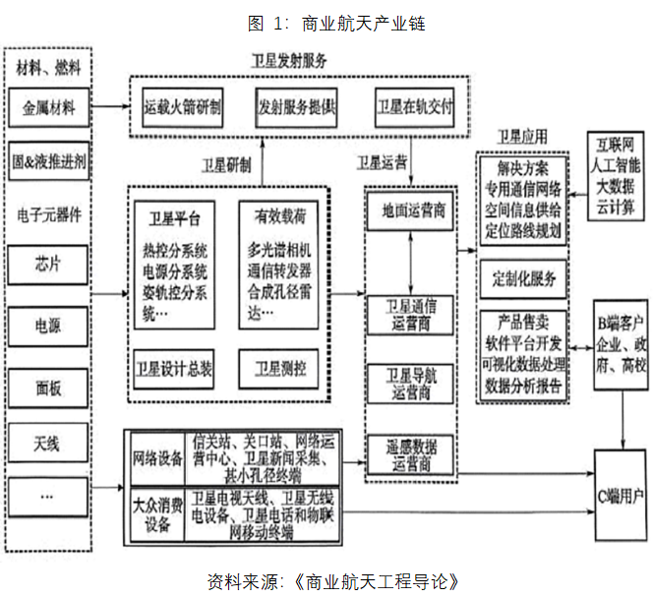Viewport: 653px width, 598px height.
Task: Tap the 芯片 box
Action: [48, 265]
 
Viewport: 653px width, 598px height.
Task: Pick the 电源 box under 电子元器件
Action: [48, 325]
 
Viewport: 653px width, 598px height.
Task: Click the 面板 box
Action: [48, 387]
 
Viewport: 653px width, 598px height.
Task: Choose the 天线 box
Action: [48, 445]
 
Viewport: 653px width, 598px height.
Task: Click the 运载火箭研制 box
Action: [182, 104]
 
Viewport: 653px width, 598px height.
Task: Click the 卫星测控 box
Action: [280, 370]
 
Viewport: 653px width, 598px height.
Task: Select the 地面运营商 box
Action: [410, 209]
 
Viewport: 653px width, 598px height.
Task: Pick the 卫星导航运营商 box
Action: [410, 383]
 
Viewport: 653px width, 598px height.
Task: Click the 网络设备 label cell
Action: [156, 458]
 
